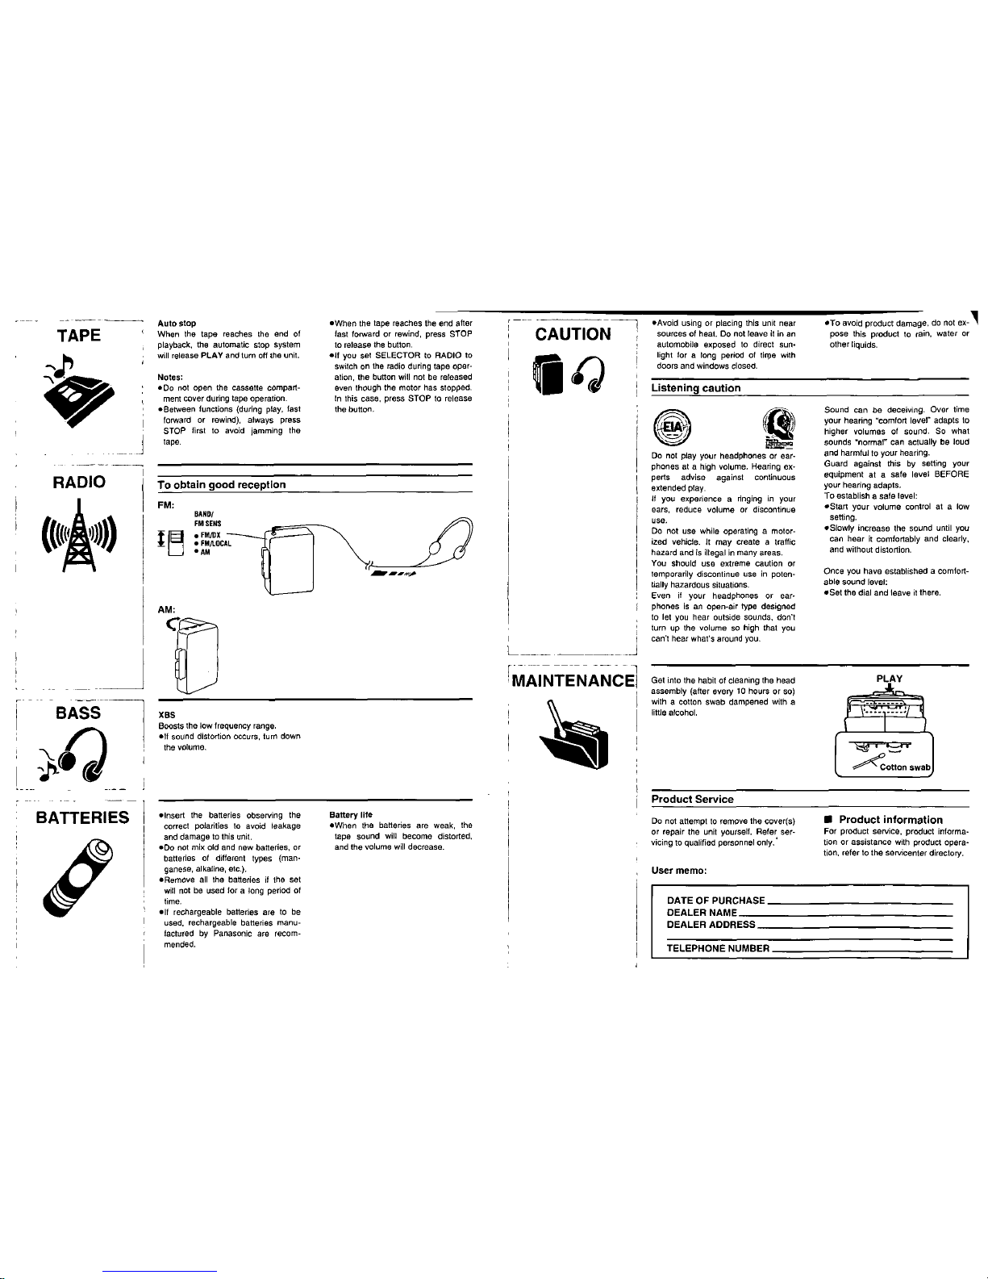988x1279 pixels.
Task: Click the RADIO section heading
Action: pyautogui.click(x=78, y=483)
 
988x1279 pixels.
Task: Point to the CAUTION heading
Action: pyautogui.click(x=573, y=334)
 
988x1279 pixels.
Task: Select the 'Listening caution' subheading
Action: pyautogui.click(x=695, y=388)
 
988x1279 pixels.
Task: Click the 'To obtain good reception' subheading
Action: pyautogui.click(x=222, y=484)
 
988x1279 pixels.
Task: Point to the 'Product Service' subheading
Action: pyautogui.click(x=692, y=799)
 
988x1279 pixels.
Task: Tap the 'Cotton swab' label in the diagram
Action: pyautogui.click(x=905, y=767)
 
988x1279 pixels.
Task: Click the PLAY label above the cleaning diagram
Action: pyautogui.click(x=887, y=679)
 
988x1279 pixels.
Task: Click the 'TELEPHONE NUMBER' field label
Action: pyautogui.click(x=719, y=948)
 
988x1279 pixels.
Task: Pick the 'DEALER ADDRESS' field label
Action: pyautogui.click(x=711, y=924)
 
